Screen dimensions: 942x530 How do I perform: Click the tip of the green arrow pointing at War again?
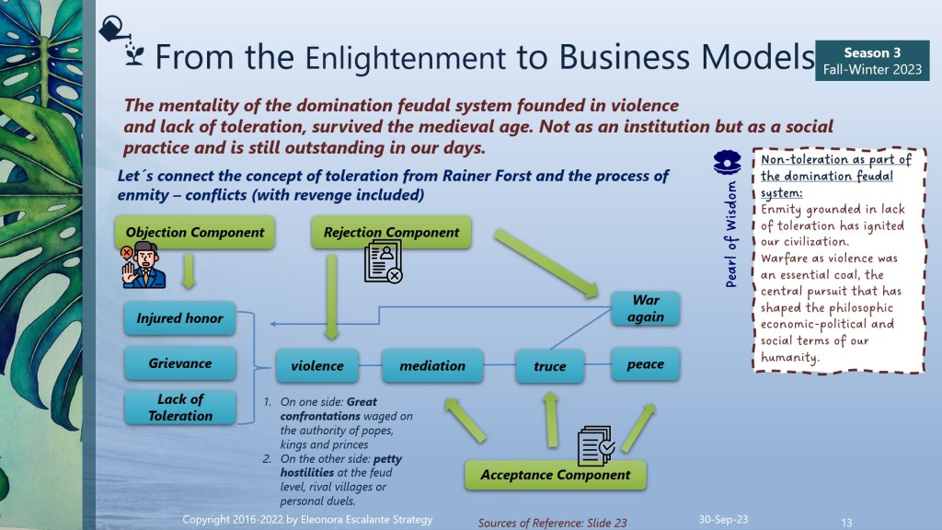(597, 295)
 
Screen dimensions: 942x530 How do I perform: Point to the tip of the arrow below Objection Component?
(189, 288)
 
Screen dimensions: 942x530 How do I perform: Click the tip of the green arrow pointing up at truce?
(550, 393)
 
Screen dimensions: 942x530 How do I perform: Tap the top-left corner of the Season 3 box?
(816, 40)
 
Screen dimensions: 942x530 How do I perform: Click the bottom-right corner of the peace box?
(680, 380)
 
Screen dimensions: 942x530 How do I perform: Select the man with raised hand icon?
(143, 265)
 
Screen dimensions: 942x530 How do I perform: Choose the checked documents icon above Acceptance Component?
(596, 445)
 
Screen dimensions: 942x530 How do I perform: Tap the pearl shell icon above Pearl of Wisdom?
(727, 162)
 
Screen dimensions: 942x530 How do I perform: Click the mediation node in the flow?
(432, 365)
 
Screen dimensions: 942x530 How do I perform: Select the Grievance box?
(180, 363)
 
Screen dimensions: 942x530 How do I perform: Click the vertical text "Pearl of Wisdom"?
(730, 234)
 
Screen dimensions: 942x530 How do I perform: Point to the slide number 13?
(846, 523)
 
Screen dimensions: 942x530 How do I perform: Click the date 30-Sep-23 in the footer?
(723, 519)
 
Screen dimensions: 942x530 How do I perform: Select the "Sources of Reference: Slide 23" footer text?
(552, 523)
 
